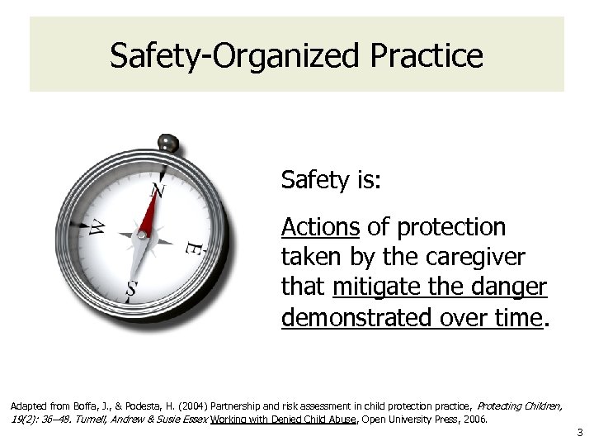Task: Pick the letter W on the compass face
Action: [x=97, y=226]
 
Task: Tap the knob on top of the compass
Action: [x=168, y=143]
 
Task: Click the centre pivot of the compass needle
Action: [x=142, y=236]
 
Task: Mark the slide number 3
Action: [x=580, y=432]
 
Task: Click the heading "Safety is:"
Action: [x=331, y=180]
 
